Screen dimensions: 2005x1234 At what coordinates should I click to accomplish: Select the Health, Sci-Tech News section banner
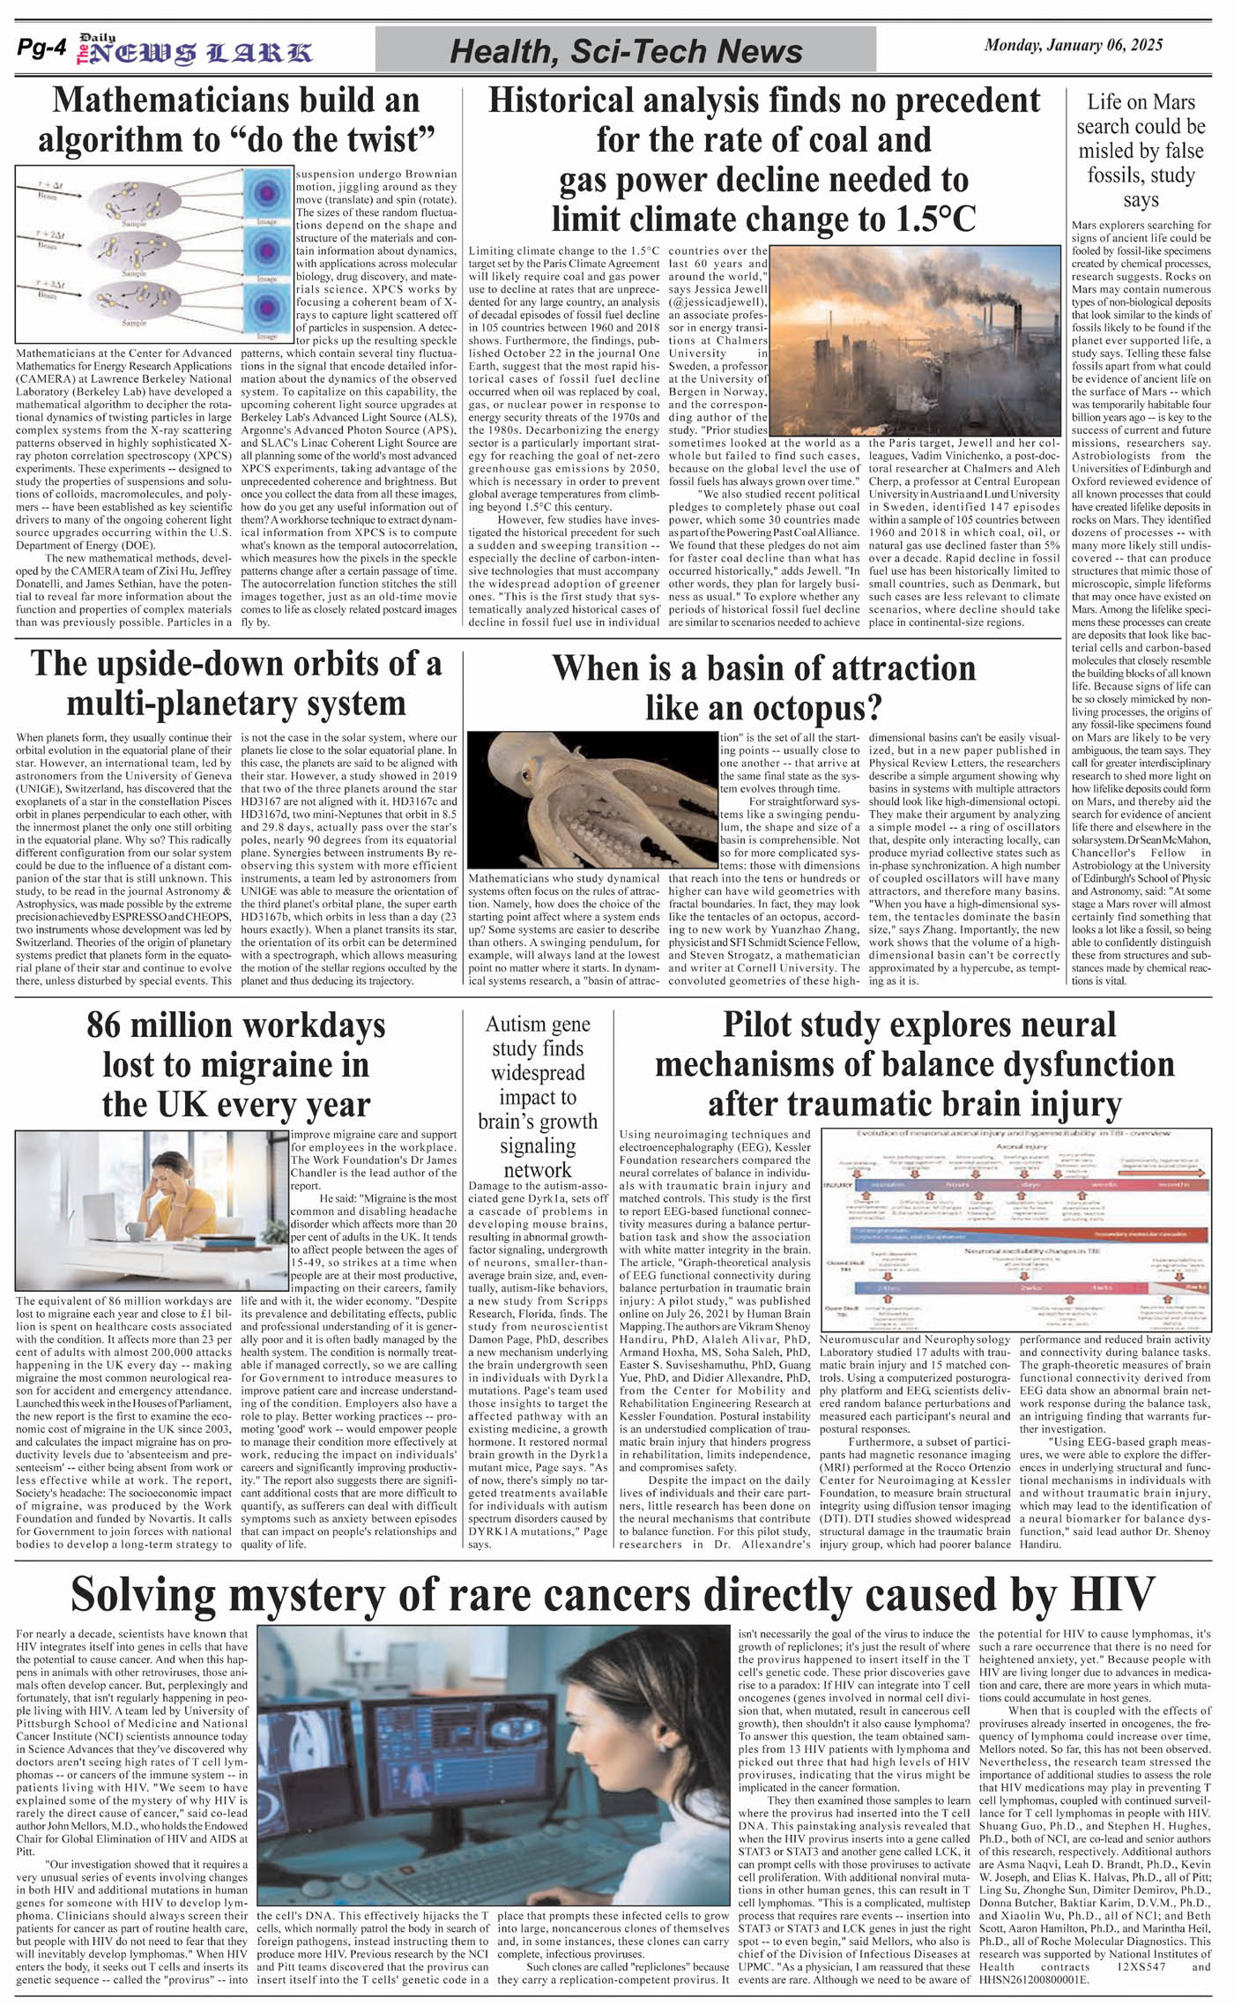(x=626, y=51)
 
